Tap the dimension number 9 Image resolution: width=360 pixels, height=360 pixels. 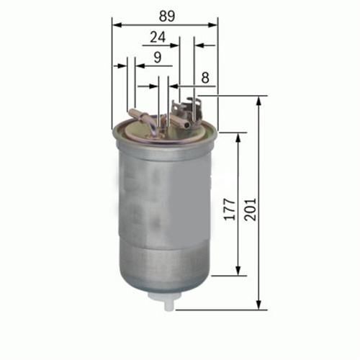156,56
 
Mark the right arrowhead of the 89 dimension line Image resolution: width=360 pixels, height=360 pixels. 215,24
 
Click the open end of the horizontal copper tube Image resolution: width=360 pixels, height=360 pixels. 189,125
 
